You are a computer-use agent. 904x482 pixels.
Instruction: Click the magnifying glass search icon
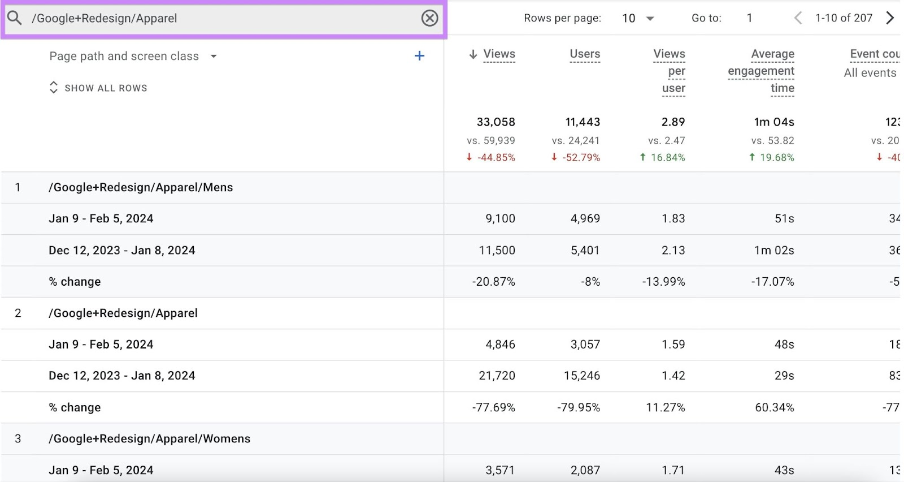15,18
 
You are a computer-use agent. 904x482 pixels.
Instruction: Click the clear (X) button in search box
429,18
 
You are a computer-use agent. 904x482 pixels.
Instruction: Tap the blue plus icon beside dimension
419,56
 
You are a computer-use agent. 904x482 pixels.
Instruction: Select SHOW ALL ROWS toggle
98,88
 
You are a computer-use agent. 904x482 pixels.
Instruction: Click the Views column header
499,54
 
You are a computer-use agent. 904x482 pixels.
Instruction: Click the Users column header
585,54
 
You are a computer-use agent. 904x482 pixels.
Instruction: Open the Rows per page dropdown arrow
650,19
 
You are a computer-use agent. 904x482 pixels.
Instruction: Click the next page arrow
890,18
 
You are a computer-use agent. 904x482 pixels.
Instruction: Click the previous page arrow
798,18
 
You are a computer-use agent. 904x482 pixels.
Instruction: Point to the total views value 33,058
496,122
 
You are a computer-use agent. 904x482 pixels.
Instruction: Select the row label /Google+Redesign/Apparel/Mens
141,187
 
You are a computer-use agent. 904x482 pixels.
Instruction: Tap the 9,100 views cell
500,219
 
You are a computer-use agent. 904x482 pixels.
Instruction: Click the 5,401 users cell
585,250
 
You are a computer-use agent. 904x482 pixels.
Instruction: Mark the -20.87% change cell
493,282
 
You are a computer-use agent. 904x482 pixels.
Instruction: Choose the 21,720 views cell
497,376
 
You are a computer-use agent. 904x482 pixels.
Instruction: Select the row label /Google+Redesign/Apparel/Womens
149,439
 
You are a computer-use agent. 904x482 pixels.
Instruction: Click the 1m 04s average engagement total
773,122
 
